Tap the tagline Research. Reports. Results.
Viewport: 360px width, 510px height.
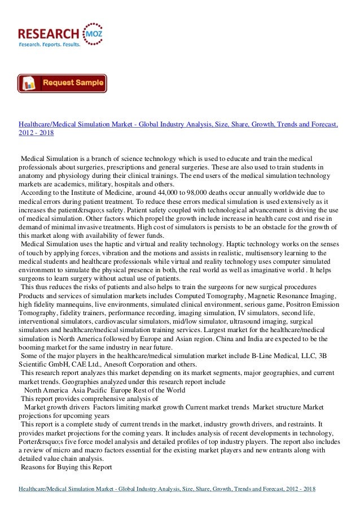pos(50,43)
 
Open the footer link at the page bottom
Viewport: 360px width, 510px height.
pos(166,488)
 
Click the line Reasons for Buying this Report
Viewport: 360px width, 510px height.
pos(67,467)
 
